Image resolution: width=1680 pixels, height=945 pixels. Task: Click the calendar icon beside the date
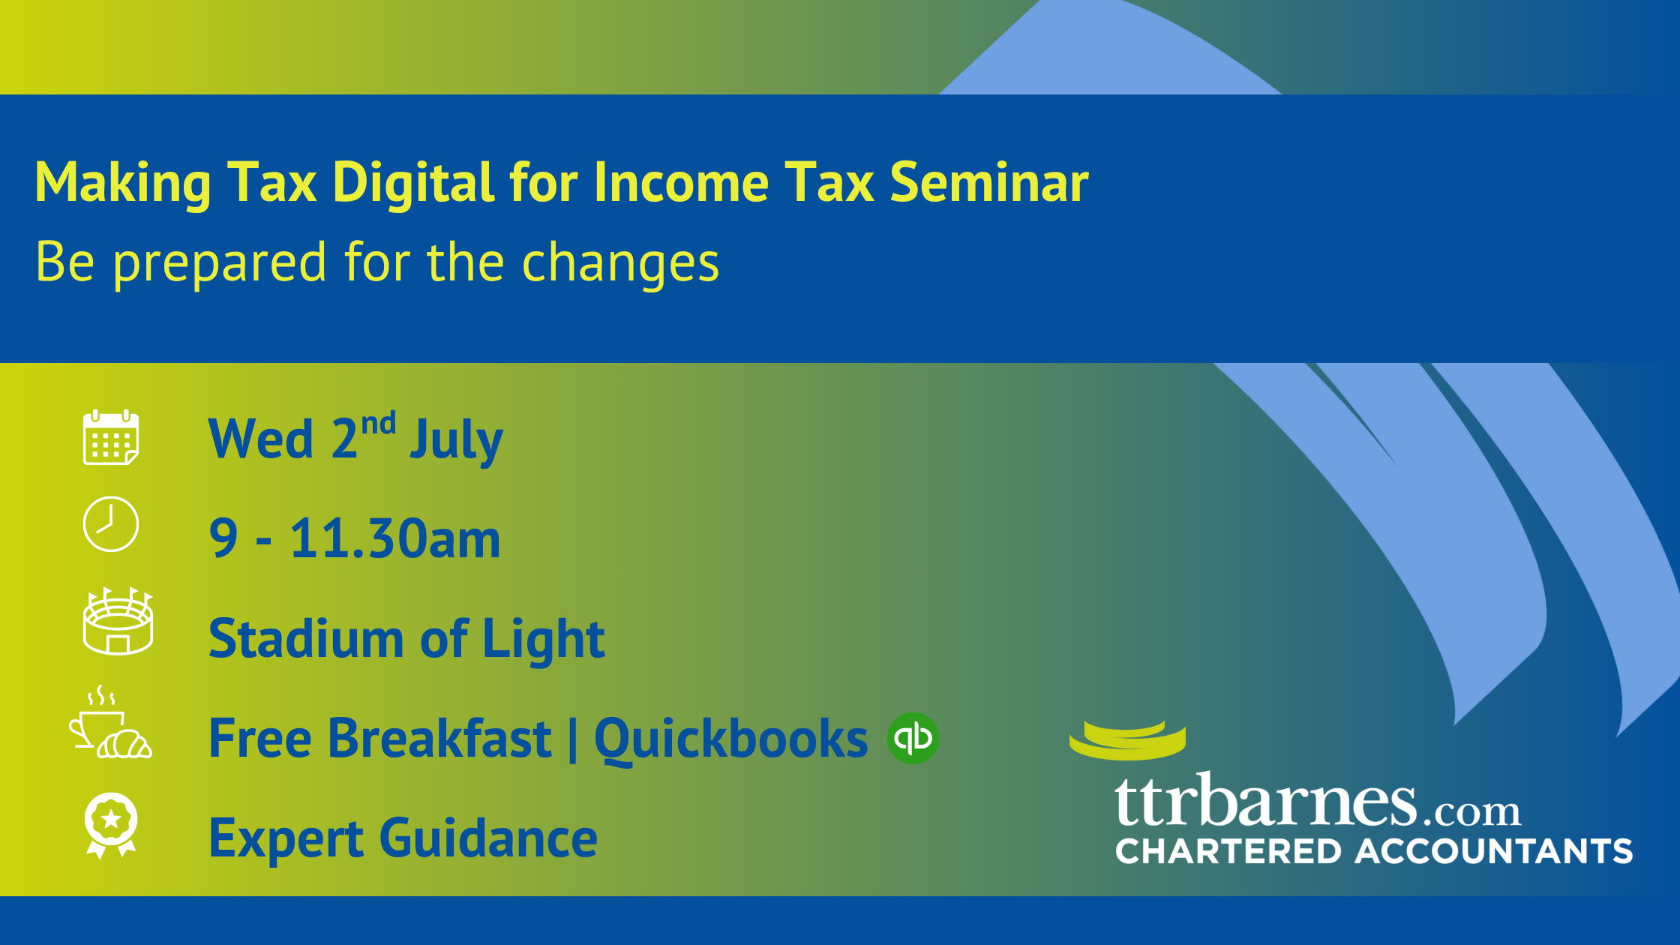coord(111,437)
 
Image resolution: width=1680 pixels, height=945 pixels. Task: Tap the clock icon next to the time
coord(111,524)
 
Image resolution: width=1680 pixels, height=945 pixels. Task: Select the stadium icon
coord(118,621)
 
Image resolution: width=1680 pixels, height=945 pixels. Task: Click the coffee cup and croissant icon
coord(110,721)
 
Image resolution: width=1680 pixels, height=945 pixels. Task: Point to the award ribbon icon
coord(111,825)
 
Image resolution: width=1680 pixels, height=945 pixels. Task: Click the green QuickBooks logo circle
coord(913,738)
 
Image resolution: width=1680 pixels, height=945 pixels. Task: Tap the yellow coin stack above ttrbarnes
coord(1127,740)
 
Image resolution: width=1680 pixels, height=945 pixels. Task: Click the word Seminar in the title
coord(989,182)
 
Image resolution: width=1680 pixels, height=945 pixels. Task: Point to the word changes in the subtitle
coord(620,264)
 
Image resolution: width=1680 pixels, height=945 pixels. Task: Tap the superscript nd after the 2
coord(379,424)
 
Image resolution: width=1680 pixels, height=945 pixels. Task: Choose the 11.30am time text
coord(395,538)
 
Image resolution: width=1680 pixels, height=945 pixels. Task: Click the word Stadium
coord(306,639)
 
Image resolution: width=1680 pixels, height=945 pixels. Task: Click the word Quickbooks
coord(731,740)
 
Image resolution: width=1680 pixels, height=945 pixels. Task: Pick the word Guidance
coord(489,838)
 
